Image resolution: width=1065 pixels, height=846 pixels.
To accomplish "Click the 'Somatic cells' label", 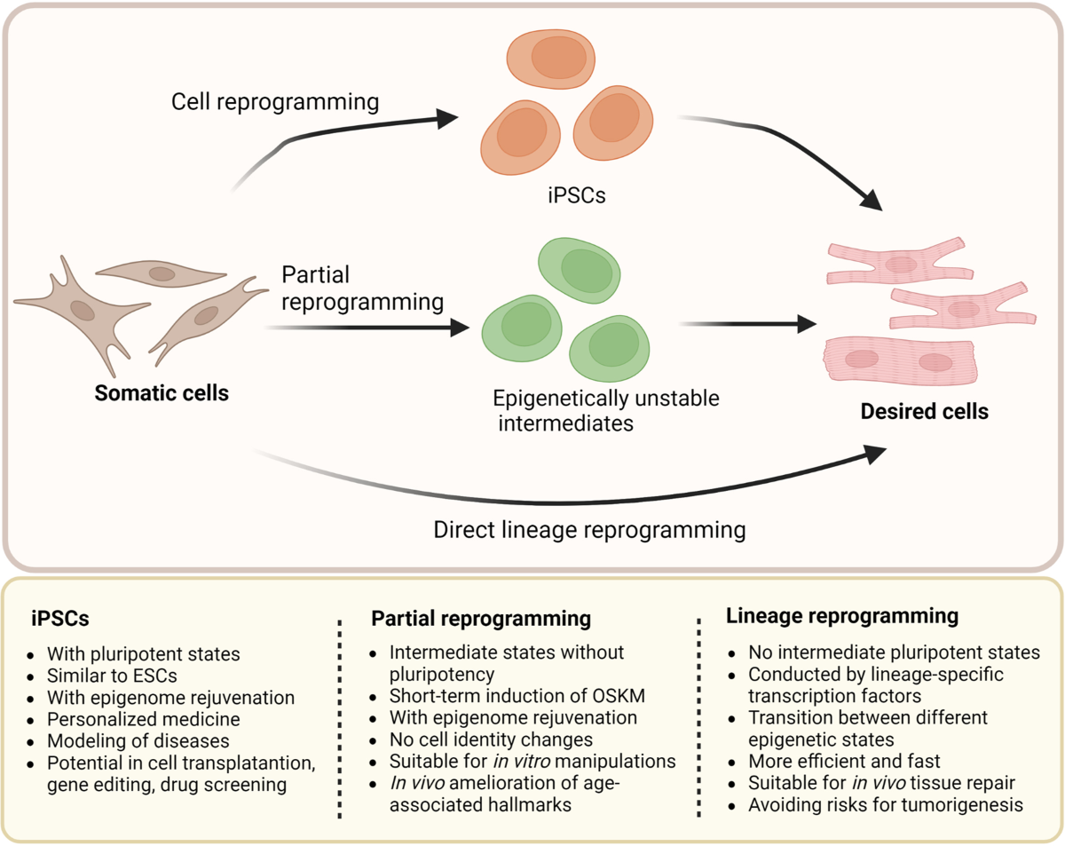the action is pos(162,393).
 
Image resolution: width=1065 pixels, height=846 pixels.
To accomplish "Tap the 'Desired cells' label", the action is pos(925,411).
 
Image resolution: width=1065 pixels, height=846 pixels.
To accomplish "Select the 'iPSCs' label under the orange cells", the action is pos(577,195).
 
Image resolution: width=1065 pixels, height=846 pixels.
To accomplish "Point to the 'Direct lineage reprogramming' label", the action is pos(589,530).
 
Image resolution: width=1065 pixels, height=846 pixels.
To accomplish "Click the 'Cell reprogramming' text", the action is pos(275,102).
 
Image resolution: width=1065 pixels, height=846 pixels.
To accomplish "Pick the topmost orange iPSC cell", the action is pos(551,59).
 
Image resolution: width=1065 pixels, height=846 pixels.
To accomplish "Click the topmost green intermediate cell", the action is pos(579,270).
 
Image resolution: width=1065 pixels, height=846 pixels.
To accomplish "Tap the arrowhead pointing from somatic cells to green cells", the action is pos(460,328).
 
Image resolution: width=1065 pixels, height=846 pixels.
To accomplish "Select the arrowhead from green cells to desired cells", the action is pos(807,324).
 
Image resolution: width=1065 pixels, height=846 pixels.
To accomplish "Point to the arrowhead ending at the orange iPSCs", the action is pos(448,119).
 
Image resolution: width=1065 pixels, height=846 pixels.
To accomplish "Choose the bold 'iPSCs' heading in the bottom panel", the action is pos(59,619).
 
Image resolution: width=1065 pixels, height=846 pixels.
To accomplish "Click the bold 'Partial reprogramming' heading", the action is pos(481,619).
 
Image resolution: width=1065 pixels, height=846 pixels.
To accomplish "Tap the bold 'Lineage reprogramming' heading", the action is pos(842,616).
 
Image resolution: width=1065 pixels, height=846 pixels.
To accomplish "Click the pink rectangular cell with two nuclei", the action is pos(900,360).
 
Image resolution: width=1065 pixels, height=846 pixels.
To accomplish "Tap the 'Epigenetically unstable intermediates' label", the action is pos(606,411).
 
